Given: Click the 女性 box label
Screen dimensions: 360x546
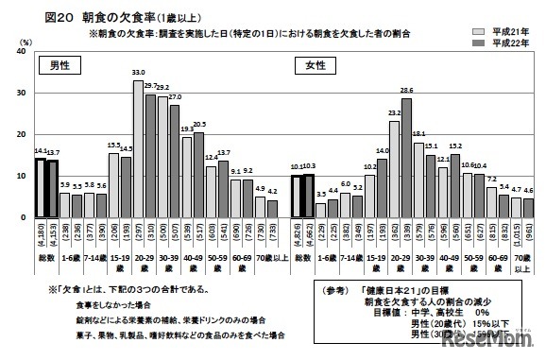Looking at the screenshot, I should (x=307, y=65).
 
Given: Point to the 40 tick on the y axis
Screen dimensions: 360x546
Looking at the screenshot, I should (x=22, y=52).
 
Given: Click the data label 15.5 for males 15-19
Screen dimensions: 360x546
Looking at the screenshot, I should (x=114, y=145).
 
